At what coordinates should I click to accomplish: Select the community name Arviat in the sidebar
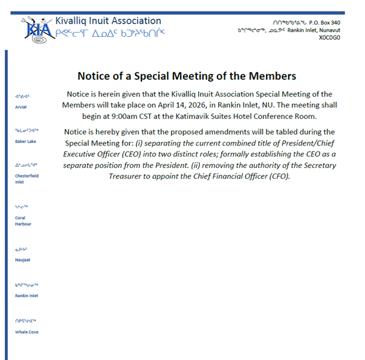pos(21,106)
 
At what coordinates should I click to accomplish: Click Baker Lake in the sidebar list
pos(25,141)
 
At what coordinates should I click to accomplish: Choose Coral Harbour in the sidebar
pos(23,220)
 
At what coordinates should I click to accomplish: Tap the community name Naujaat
pos(22,259)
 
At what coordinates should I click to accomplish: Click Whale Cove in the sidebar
pos(27,332)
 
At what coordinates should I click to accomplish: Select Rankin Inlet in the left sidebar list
pos(27,296)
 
